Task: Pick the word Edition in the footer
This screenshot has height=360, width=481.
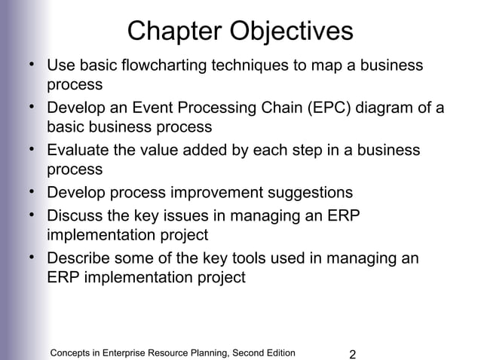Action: (x=277, y=352)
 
